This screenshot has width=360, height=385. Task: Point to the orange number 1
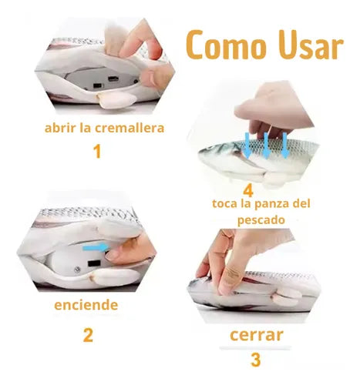coord(96,151)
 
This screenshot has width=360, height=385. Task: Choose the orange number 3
coord(255,360)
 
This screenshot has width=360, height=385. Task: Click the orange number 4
coord(247,189)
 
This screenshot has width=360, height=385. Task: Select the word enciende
coord(86,305)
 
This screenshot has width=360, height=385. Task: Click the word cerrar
coord(255,335)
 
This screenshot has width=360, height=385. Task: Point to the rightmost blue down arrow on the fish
coord(284,143)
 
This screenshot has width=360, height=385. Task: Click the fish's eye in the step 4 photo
coord(217,154)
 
